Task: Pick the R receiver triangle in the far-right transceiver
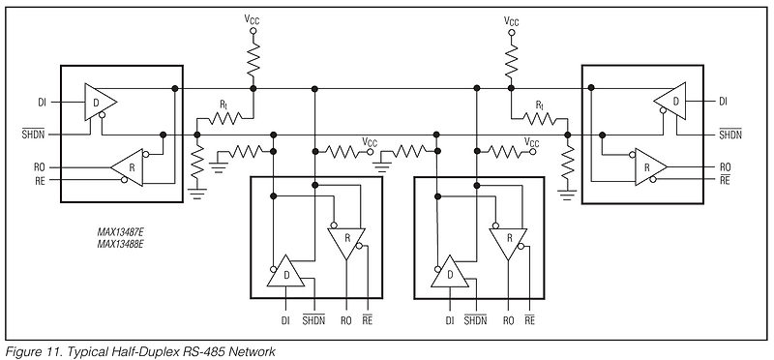tap(645, 166)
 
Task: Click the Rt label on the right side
tap(541, 104)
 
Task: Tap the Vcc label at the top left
tap(253, 19)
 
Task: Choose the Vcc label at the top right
tap(513, 19)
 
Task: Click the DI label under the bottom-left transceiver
tap(284, 319)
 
